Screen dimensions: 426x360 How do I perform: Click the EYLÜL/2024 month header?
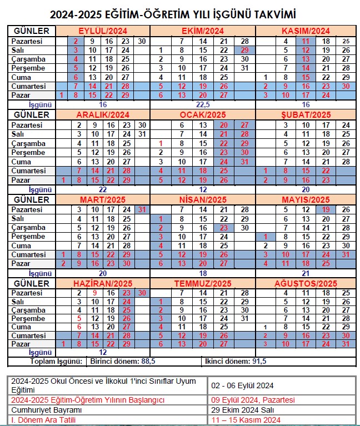tap(102, 31)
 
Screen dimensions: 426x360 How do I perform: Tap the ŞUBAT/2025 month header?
tap(306, 115)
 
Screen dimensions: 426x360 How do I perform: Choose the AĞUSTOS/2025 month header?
tap(306, 284)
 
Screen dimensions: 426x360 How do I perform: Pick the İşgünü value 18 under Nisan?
tap(203, 273)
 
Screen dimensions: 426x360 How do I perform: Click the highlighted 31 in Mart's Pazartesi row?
tap(142, 209)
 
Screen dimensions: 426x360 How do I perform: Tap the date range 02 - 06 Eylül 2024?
tap(242, 385)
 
